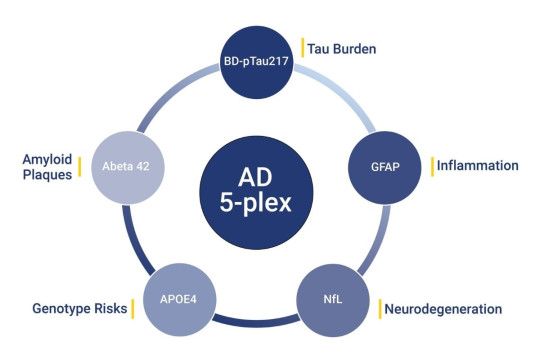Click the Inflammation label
tap(477, 164)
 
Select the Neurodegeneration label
tap(443, 308)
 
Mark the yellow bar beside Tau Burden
tap(302, 46)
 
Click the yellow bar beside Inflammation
tap(431, 164)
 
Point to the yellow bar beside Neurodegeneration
tap(381, 308)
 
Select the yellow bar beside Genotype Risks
tap(132, 308)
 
